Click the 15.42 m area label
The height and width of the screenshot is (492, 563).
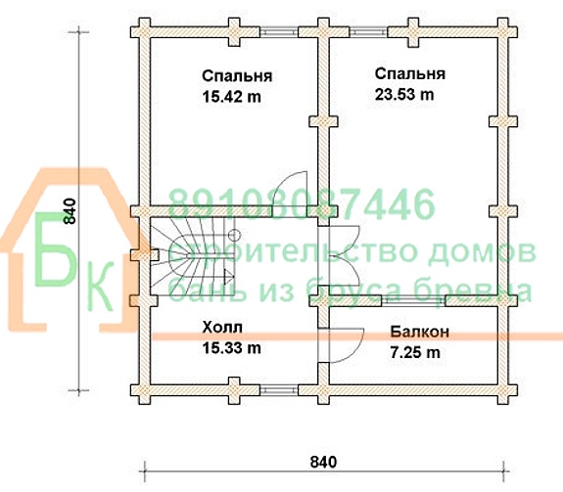click(x=232, y=97)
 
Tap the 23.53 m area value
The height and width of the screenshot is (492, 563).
click(x=404, y=95)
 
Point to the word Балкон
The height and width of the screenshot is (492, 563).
click(x=419, y=332)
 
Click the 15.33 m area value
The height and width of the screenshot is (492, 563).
click(x=232, y=348)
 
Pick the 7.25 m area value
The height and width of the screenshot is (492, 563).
click(x=415, y=353)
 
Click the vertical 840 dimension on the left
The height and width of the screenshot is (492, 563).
click(x=70, y=211)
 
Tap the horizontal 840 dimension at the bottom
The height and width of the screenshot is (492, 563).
click(x=323, y=462)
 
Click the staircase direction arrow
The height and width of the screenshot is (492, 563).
click(x=229, y=277)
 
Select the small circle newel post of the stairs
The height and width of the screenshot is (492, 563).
click(x=234, y=236)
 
